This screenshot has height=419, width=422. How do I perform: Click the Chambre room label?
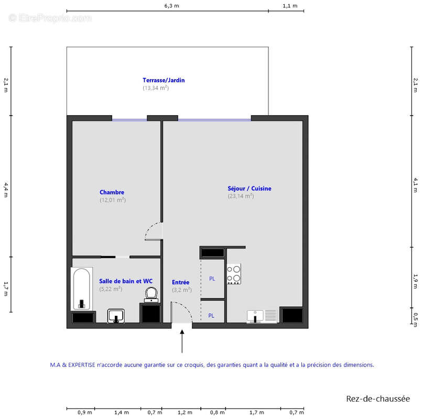112,192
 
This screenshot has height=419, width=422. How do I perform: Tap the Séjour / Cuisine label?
249,189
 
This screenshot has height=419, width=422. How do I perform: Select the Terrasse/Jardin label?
164,81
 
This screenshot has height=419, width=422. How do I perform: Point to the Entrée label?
180,282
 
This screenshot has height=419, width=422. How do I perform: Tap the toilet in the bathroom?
152,294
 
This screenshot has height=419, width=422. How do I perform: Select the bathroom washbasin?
116,316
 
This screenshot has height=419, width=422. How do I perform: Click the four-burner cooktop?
234,274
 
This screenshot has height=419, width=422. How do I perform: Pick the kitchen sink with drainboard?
262,316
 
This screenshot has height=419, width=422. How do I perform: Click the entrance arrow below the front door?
182,340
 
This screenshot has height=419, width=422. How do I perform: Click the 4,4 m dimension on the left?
6,188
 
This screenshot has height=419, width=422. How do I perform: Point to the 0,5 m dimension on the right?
416,316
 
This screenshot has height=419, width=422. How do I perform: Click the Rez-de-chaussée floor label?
378,399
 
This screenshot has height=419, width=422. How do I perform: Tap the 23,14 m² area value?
241,196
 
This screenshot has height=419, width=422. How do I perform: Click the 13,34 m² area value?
156,88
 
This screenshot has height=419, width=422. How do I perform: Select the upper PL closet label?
212,279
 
